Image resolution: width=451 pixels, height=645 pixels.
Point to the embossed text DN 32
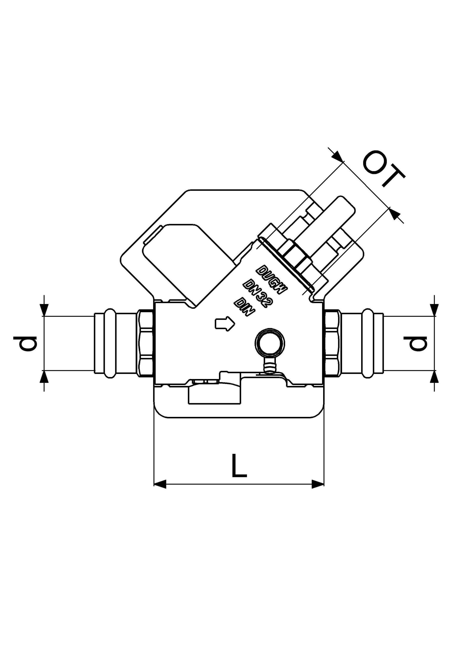click(257, 293)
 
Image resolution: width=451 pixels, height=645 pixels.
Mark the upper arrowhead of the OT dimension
click(338, 156)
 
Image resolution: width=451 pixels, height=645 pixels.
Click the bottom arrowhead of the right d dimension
click(434, 376)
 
